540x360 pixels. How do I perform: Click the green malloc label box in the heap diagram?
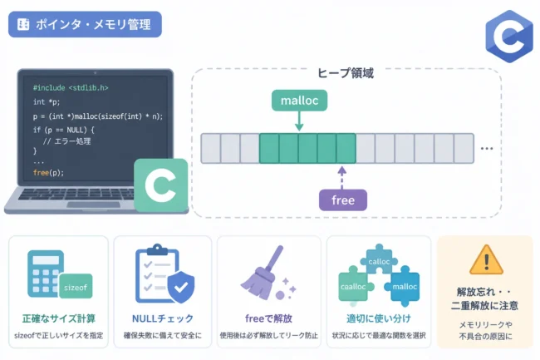[299, 101]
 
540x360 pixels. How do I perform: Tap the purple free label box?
[343, 200]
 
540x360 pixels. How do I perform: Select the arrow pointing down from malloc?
[299, 121]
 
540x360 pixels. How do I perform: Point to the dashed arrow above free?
[341, 178]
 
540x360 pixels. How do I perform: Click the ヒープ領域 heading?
[346, 73]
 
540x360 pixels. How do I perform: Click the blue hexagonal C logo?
[509, 37]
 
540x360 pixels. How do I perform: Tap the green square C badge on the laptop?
[161, 185]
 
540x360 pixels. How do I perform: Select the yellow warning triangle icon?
[486, 259]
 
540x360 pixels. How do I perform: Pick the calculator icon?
[46, 274]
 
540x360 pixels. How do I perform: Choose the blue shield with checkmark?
[181, 287]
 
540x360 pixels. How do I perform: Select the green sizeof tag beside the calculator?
[76, 286]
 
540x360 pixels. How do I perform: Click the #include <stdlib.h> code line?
[71, 88]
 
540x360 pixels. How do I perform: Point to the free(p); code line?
[48, 172]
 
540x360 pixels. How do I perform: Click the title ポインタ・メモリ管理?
[93, 24]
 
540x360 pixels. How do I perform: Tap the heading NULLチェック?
[163, 318]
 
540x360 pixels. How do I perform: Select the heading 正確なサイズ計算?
[58, 318]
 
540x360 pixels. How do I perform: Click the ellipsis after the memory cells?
[487, 149]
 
